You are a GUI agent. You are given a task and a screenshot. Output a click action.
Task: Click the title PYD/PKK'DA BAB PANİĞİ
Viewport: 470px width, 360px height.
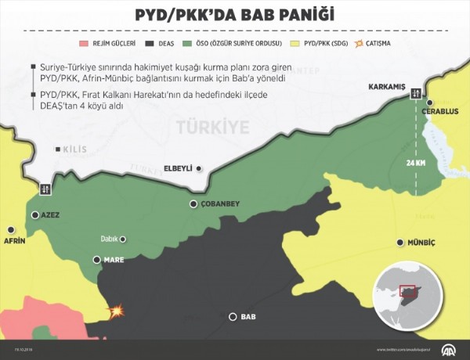(234, 15)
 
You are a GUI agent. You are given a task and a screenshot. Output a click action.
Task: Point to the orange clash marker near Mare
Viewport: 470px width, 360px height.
(117, 311)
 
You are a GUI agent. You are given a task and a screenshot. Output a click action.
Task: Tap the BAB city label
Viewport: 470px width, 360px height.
(248, 317)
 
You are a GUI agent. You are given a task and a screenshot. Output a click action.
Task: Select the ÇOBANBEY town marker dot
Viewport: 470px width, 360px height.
(193, 204)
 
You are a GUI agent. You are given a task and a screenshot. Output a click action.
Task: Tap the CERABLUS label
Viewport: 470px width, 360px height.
(439, 110)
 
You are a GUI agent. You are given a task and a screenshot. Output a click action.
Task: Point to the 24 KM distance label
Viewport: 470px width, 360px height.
(416, 163)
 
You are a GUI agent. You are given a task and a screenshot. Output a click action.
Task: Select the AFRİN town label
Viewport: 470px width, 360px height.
(15, 241)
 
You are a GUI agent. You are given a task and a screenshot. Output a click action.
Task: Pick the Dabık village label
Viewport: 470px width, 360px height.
(113, 240)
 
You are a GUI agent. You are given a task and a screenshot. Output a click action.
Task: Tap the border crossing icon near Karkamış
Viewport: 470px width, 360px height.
(416, 92)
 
